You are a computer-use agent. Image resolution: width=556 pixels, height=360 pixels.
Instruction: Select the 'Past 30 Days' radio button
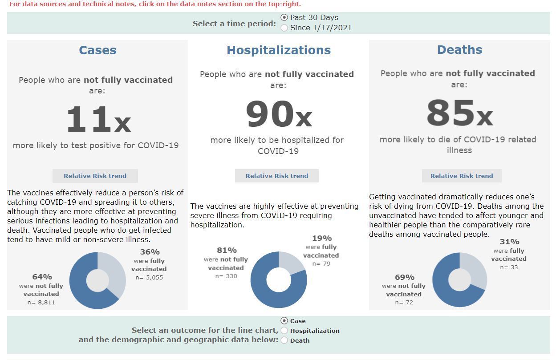[x=284, y=17]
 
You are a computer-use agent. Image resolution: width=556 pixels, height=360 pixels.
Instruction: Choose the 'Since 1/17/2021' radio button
[x=284, y=28]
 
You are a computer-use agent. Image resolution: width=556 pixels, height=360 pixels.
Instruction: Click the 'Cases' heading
[x=97, y=50]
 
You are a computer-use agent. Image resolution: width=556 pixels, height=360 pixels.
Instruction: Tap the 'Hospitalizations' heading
[x=279, y=50]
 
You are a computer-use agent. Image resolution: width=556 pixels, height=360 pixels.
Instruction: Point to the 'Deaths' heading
[x=459, y=49]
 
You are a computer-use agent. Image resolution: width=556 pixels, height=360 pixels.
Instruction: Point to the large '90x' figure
[x=279, y=114]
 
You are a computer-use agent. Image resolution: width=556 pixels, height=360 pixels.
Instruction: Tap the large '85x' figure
[x=459, y=113]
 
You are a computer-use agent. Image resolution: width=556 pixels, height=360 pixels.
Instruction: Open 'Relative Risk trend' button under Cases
[x=95, y=176]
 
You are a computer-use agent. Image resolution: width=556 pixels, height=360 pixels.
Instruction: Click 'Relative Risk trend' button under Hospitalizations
[x=277, y=176]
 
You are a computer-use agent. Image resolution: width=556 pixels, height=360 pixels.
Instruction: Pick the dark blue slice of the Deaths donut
[x=454, y=296]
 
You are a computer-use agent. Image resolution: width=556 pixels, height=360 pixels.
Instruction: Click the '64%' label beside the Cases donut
[x=42, y=277]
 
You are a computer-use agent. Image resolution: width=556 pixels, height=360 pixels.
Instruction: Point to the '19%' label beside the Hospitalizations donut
[x=321, y=238]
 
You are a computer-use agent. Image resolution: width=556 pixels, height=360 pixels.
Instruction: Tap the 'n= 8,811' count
[x=41, y=303]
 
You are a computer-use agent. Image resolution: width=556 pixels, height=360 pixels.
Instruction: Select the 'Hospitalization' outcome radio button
[x=284, y=331]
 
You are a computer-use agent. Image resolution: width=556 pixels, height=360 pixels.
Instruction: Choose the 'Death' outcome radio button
[x=284, y=340]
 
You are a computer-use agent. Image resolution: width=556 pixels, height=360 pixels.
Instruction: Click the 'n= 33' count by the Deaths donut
[x=509, y=267]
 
